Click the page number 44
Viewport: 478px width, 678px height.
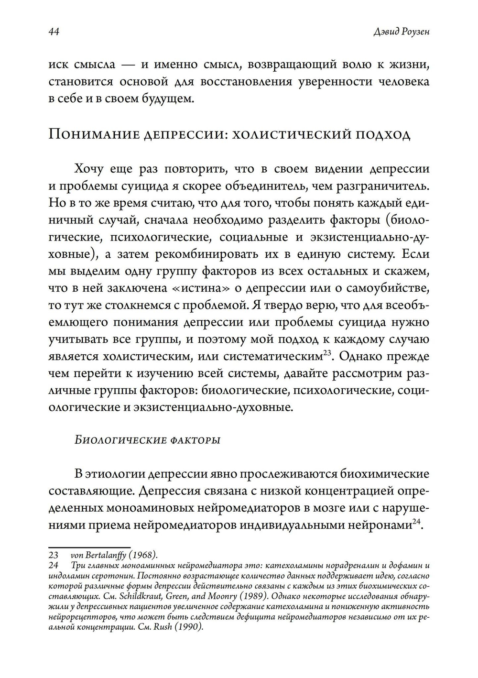pos(54,32)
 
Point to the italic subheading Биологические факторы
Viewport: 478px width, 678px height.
pos(148,440)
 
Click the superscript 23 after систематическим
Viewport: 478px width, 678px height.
pos(327,353)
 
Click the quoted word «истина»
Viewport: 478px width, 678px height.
pos(197,288)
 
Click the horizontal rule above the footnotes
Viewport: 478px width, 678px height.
pos(89,547)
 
